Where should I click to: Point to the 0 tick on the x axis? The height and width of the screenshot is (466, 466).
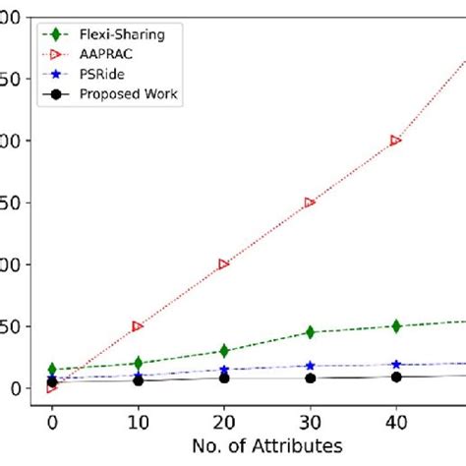coord(52,420)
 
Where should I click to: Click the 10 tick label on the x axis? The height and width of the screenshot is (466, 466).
coord(138,420)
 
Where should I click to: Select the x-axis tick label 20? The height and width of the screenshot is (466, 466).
coord(224,420)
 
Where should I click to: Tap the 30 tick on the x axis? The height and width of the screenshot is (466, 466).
coord(310,420)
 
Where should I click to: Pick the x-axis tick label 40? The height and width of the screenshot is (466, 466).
coord(396,420)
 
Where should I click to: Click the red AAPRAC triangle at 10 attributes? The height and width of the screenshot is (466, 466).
coord(138,325)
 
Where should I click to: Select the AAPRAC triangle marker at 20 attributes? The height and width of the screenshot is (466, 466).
coord(224,263)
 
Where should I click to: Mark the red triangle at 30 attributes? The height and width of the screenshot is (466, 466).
coord(310,203)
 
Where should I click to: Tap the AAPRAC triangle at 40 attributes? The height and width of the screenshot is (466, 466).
coord(396,141)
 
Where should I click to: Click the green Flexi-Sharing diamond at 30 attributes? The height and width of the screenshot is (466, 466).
coord(310,332)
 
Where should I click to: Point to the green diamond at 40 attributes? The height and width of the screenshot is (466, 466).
coord(396,326)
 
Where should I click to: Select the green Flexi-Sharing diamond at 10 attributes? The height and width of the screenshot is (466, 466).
coord(138,363)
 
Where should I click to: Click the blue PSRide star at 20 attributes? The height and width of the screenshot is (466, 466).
coord(224,370)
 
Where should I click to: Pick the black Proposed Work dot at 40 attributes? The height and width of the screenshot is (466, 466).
coord(396,377)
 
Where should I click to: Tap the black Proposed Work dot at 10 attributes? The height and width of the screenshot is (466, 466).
coord(138,379)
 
